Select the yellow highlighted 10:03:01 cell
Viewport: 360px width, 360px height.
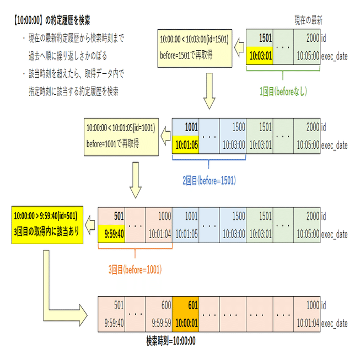259,55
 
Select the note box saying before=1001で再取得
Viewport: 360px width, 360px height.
120,136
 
